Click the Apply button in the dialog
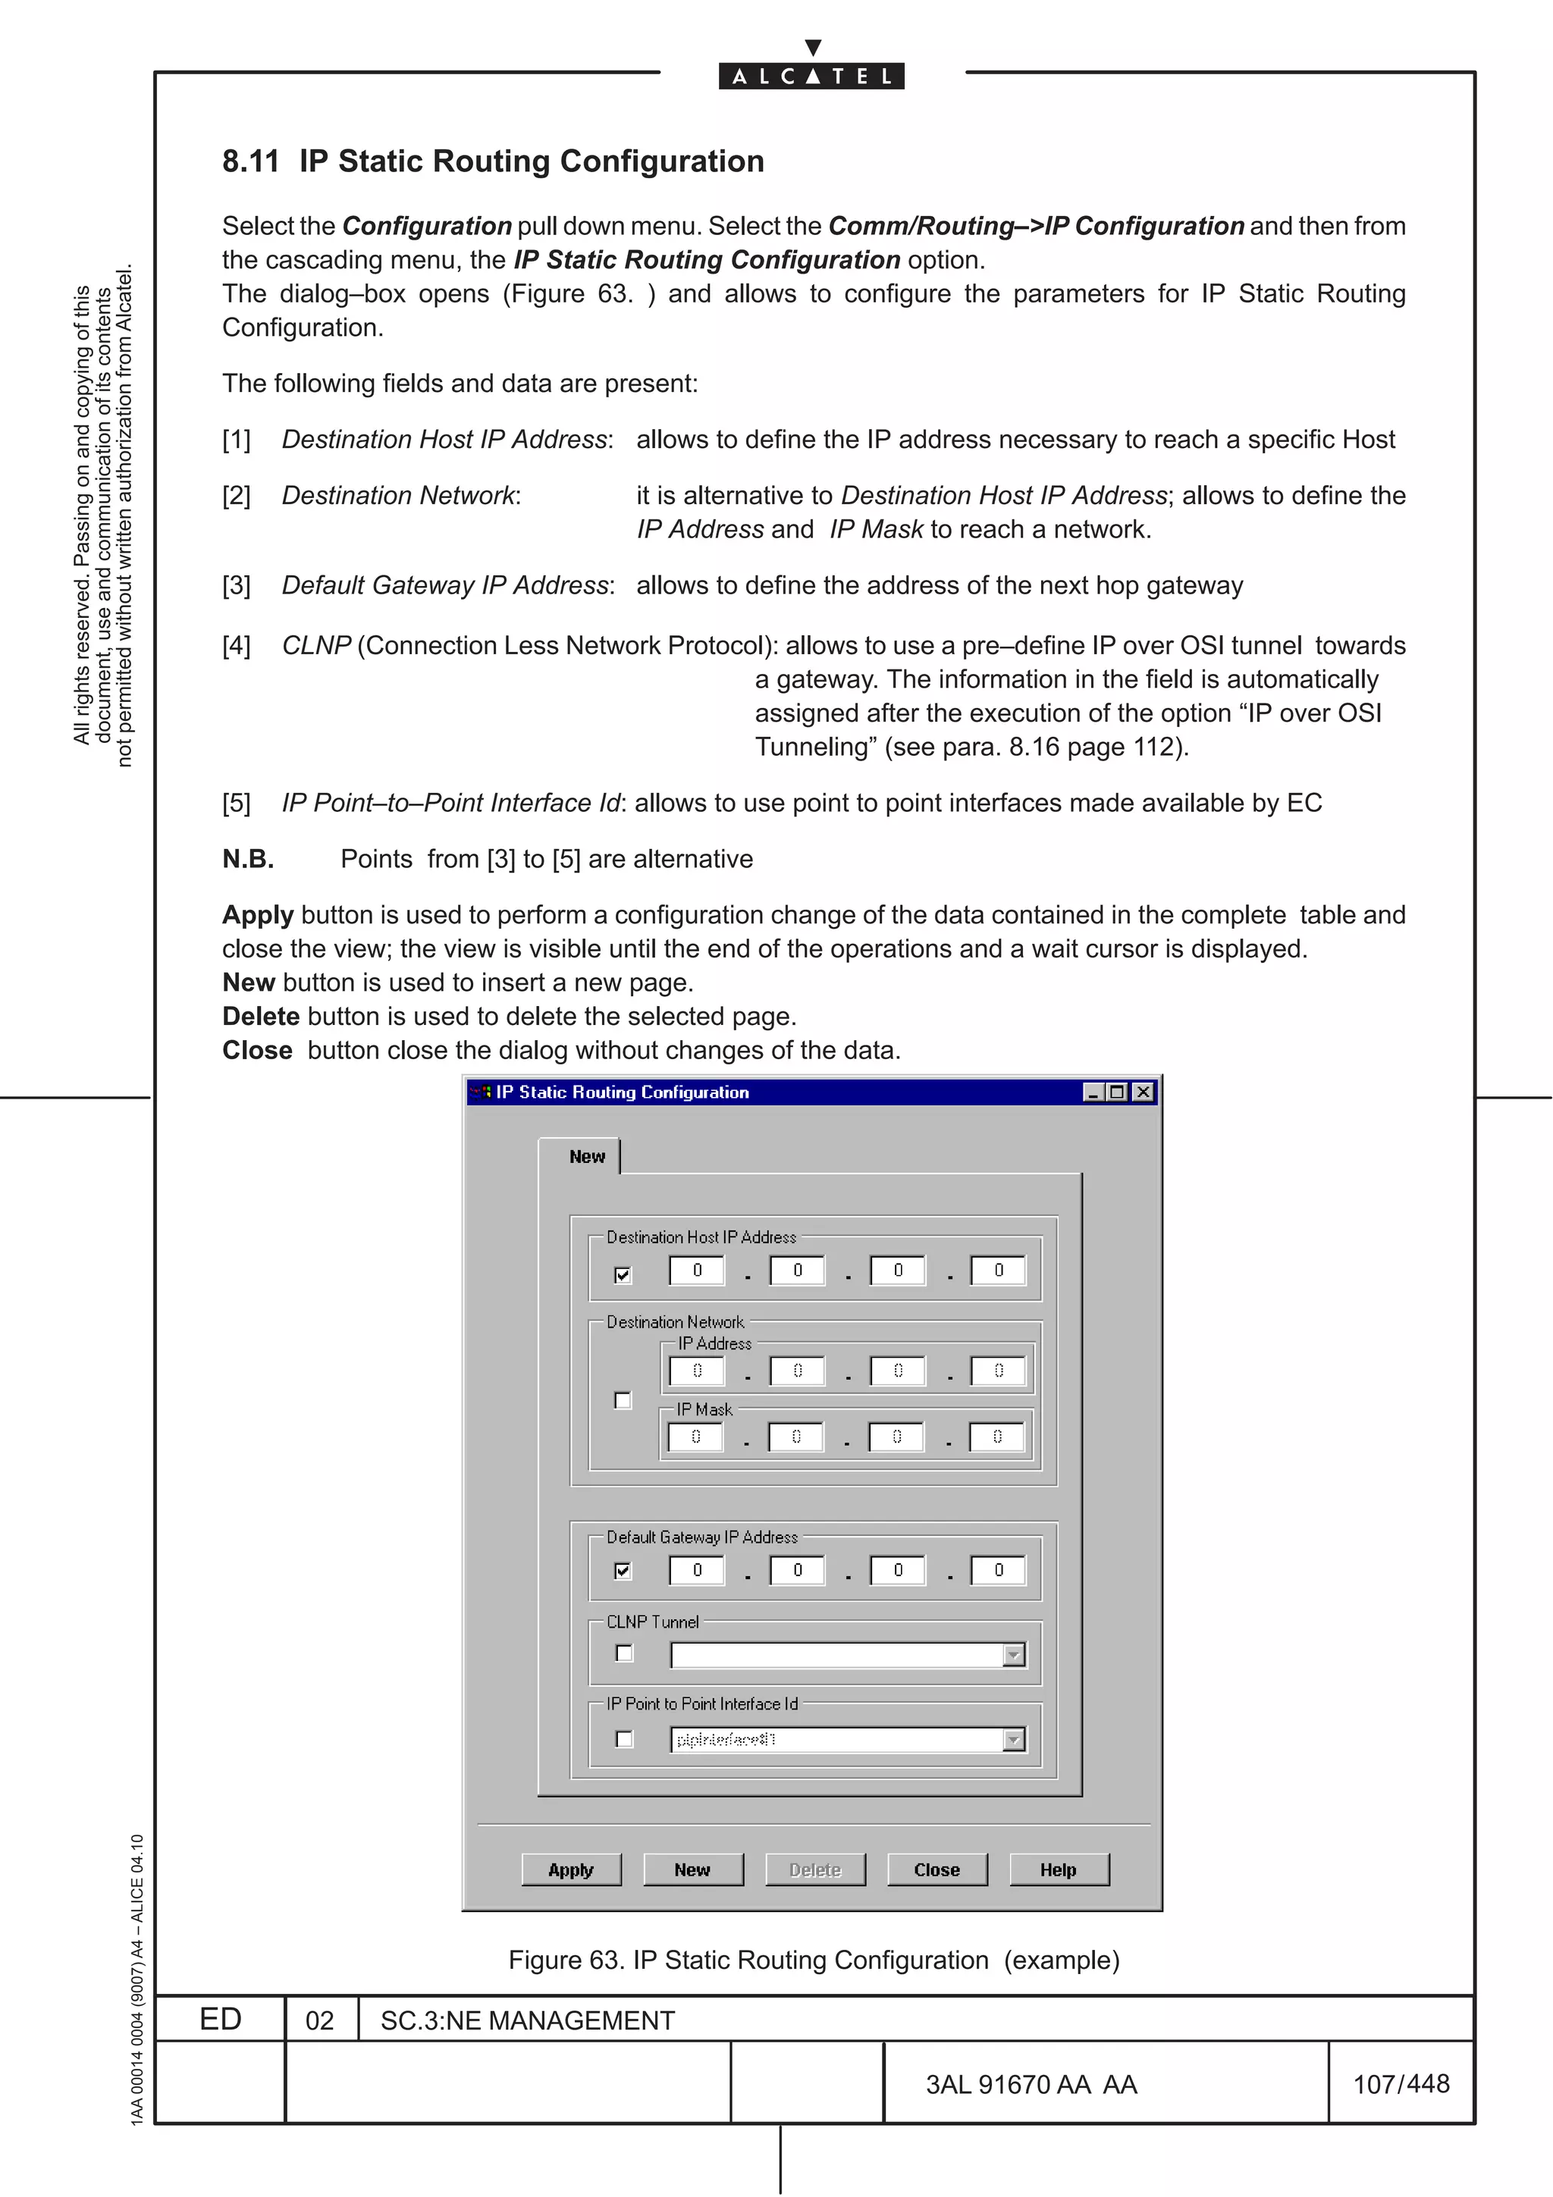tap(571, 1869)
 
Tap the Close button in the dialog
tap(937, 1869)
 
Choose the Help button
tap(1059, 1869)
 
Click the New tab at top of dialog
tap(587, 1156)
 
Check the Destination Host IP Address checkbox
tap(623, 1274)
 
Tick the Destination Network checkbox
tap(623, 1401)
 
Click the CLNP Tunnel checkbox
tap(624, 1653)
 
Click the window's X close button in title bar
tap(1143, 1092)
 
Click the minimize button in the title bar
tap(1093, 1092)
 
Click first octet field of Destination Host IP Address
tap(697, 1270)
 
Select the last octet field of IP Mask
tap(997, 1437)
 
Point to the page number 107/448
tap(1401, 2083)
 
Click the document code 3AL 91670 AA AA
tap(1031, 2084)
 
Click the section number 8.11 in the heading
tap(251, 161)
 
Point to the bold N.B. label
tap(248, 858)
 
